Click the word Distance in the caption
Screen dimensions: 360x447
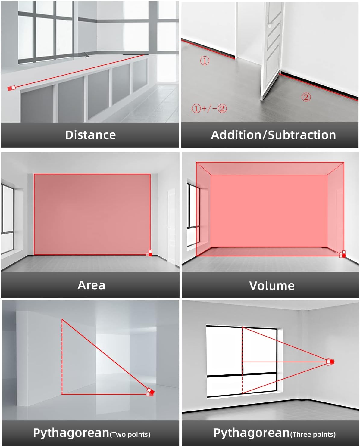[x=90, y=135]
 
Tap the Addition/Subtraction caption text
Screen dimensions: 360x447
[x=273, y=135]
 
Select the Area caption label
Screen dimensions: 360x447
[x=91, y=285]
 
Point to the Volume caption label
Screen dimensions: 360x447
[x=272, y=286]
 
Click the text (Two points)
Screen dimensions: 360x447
[x=130, y=434]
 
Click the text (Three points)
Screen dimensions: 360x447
[x=313, y=434]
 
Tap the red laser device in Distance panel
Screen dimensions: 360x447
[x=11, y=88]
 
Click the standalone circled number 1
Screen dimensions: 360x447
[x=205, y=61]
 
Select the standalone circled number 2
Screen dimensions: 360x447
[x=306, y=97]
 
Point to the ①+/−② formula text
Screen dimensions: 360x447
[x=209, y=108]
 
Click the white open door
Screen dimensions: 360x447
[x=272, y=51]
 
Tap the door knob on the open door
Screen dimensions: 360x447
[x=270, y=26]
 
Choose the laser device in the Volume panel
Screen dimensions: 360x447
[x=342, y=254]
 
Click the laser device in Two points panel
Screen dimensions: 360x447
[x=150, y=392]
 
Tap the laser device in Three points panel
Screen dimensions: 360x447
[x=330, y=362]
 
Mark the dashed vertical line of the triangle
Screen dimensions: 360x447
[x=62, y=357]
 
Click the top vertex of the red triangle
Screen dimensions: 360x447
[x=62, y=319]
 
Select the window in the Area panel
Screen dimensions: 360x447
[x=8, y=218]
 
